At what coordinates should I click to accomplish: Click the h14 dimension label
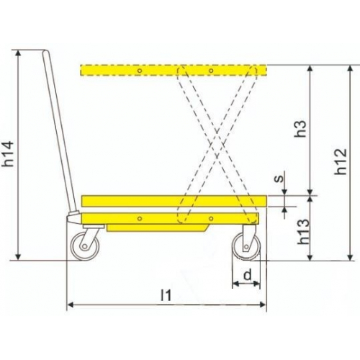click(8, 154)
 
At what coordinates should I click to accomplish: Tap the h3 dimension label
click(300, 129)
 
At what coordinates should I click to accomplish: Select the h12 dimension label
click(341, 161)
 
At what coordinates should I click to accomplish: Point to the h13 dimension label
click(303, 232)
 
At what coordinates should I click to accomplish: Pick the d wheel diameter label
click(248, 275)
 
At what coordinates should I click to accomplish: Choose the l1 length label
click(166, 295)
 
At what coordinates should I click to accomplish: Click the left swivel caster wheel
click(85, 246)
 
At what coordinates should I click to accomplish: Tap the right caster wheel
click(246, 246)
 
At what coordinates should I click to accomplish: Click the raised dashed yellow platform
click(174, 71)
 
